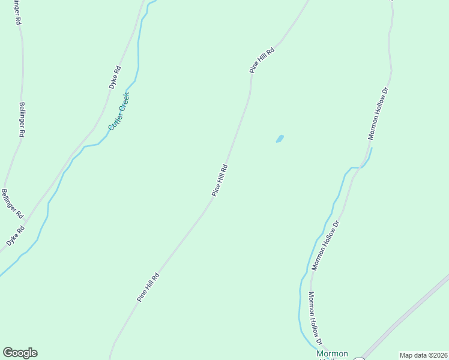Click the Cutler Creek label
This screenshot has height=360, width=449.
[x=119, y=111]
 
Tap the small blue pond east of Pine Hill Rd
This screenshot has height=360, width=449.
[x=280, y=139]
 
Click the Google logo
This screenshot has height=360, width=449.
[x=20, y=353]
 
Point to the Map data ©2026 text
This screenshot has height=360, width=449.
[x=424, y=355]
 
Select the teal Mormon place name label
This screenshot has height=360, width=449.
[x=332, y=355]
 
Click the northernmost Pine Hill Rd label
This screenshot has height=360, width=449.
[x=262, y=60]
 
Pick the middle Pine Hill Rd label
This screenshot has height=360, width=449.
[x=220, y=181]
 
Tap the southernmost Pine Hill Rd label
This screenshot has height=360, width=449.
[x=148, y=287]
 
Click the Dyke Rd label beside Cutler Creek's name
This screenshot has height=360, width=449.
[x=115, y=77]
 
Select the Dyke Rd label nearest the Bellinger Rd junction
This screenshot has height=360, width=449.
[x=16, y=236]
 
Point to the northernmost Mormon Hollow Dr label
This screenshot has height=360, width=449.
[x=378, y=114]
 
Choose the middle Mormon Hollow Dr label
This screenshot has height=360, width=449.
[x=326, y=245]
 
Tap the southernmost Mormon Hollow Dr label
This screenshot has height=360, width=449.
[x=316, y=319]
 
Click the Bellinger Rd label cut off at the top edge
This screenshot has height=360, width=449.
[x=19, y=12]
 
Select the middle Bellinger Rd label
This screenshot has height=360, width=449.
[x=22, y=120]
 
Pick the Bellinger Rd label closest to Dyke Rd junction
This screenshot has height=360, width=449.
[x=12, y=203]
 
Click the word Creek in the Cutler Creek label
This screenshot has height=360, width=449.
[x=124, y=104]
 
